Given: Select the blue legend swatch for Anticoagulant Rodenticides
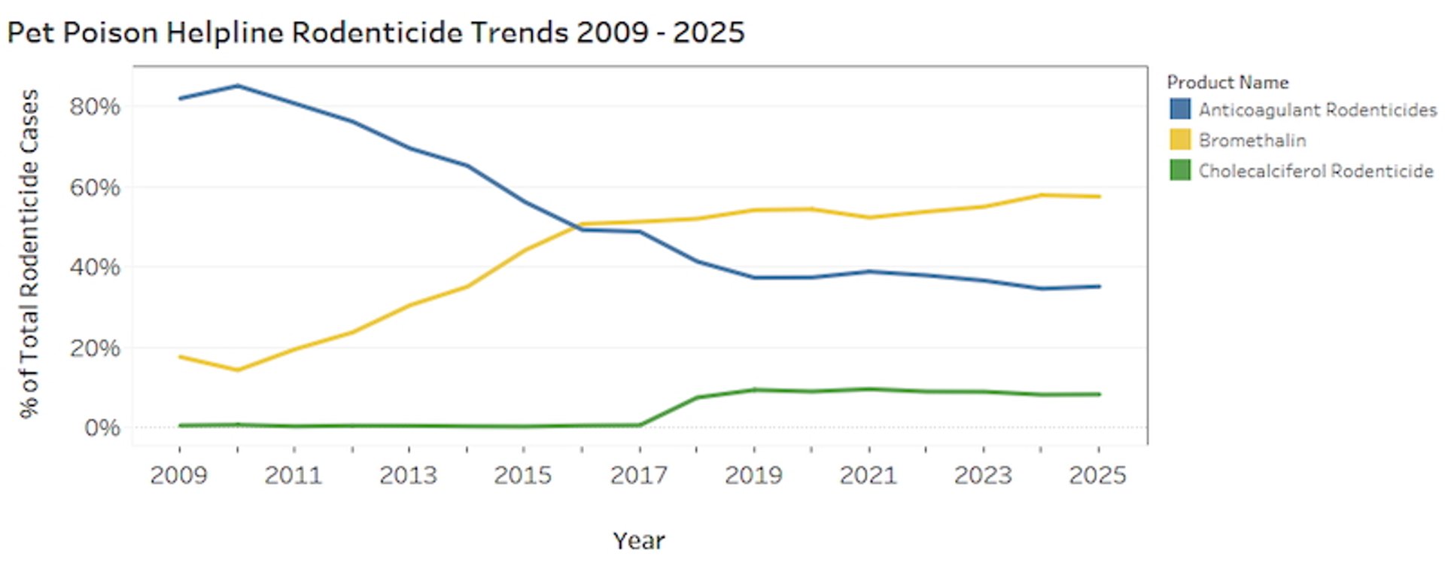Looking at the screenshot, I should point(1180,109).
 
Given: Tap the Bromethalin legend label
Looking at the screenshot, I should point(1252,140).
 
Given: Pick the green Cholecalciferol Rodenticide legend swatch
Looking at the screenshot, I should point(1180,170).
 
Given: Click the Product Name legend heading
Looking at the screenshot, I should point(1227,82).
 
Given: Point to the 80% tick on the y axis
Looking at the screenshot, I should point(95,106).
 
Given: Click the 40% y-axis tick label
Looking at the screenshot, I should point(95,267).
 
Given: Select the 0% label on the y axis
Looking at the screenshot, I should point(102,428).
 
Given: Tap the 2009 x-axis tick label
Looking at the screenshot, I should point(178,475).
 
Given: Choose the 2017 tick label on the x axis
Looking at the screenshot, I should point(638,475).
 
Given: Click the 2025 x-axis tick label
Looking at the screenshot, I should point(1097,475).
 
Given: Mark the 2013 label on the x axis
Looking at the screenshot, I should point(408,475).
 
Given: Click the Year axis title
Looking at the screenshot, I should point(638,540).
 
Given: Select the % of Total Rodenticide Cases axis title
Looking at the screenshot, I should point(29,254).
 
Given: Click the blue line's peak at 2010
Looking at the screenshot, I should point(238,86).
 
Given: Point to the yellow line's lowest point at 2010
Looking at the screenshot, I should point(238,370).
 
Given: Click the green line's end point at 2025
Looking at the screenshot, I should point(1099,394).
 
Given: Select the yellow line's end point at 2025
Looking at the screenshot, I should point(1099,196).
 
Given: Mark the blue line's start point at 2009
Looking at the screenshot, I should point(180,99).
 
